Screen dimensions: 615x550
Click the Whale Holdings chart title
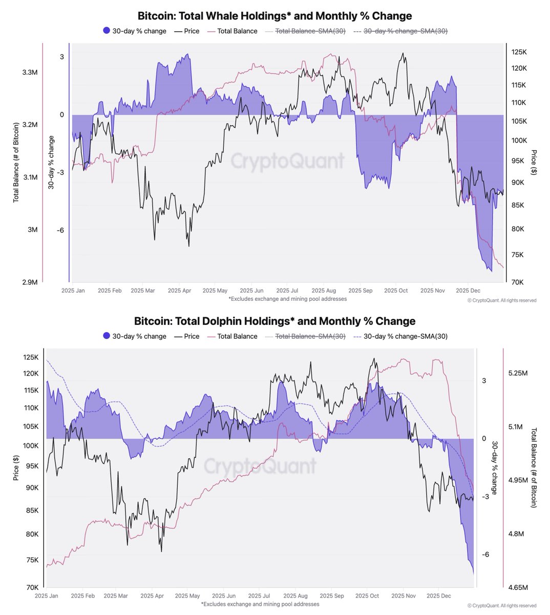[274, 16]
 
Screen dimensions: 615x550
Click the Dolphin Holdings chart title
[274, 321]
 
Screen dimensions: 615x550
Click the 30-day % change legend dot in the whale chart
[107, 31]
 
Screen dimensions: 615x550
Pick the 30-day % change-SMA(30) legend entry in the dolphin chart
[405, 336]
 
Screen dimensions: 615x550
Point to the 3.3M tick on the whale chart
[30, 73]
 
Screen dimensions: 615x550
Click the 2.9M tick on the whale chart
[30, 282]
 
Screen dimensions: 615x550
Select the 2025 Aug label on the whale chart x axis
[324, 291]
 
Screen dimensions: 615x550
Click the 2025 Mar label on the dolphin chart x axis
[116, 596]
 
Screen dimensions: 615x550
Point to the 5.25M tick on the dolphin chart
[518, 373]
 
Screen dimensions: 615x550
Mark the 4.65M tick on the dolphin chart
[518, 587]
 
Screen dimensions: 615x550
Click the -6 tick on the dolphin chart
[485, 555]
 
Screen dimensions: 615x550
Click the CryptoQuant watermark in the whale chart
[287, 160]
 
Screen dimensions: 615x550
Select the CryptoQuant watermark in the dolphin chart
[260, 466]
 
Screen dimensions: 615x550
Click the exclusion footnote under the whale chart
[287, 299]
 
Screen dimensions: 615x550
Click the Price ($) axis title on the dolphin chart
[16, 468]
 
